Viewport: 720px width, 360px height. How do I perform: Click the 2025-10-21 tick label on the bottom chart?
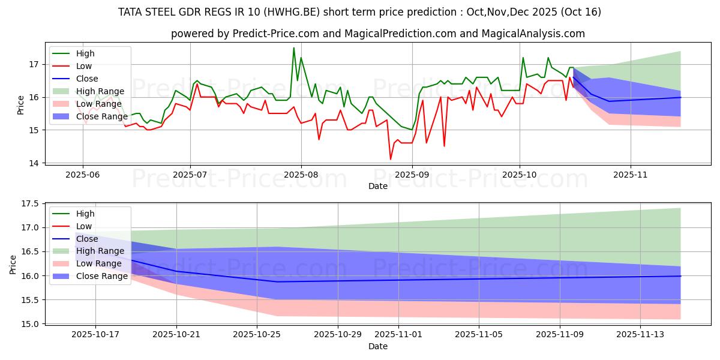click(x=176, y=334)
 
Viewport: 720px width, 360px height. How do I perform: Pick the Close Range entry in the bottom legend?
click(x=96, y=277)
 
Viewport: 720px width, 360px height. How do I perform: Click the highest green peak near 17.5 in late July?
click(x=293, y=48)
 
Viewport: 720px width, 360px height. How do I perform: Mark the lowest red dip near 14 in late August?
click(x=391, y=159)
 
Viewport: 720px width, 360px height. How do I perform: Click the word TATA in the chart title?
click(x=131, y=12)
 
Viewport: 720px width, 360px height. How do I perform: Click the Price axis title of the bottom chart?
click(x=13, y=264)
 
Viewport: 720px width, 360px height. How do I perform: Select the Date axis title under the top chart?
click(x=378, y=186)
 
